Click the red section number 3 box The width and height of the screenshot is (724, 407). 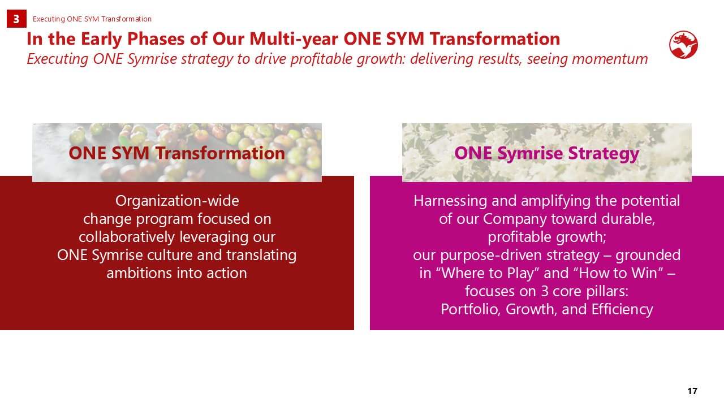[x=16, y=19]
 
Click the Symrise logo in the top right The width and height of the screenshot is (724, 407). [x=683, y=45]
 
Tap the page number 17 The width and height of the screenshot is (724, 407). [x=692, y=391]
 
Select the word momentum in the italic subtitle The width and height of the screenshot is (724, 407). [x=610, y=59]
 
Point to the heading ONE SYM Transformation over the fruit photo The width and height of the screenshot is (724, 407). [x=177, y=153]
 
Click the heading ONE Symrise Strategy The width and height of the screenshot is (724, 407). [x=547, y=153]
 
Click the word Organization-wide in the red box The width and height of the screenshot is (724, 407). [x=177, y=201]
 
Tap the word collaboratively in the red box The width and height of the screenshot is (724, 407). [x=127, y=237]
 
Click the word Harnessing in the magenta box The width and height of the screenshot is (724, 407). [x=450, y=201]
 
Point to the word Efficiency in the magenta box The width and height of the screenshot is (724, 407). [x=622, y=309]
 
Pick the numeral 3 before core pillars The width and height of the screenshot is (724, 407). [x=545, y=291]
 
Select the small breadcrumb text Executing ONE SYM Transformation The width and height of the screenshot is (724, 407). [x=92, y=19]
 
